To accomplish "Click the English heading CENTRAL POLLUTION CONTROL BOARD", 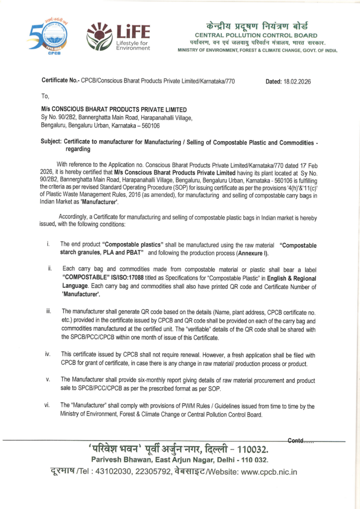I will [257, 35].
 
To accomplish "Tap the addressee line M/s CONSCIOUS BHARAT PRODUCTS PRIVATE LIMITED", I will [114, 109].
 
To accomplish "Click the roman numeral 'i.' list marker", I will [48, 244].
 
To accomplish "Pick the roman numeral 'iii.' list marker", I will [49, 311].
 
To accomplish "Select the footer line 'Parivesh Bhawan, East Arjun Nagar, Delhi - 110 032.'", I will [180, 458].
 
